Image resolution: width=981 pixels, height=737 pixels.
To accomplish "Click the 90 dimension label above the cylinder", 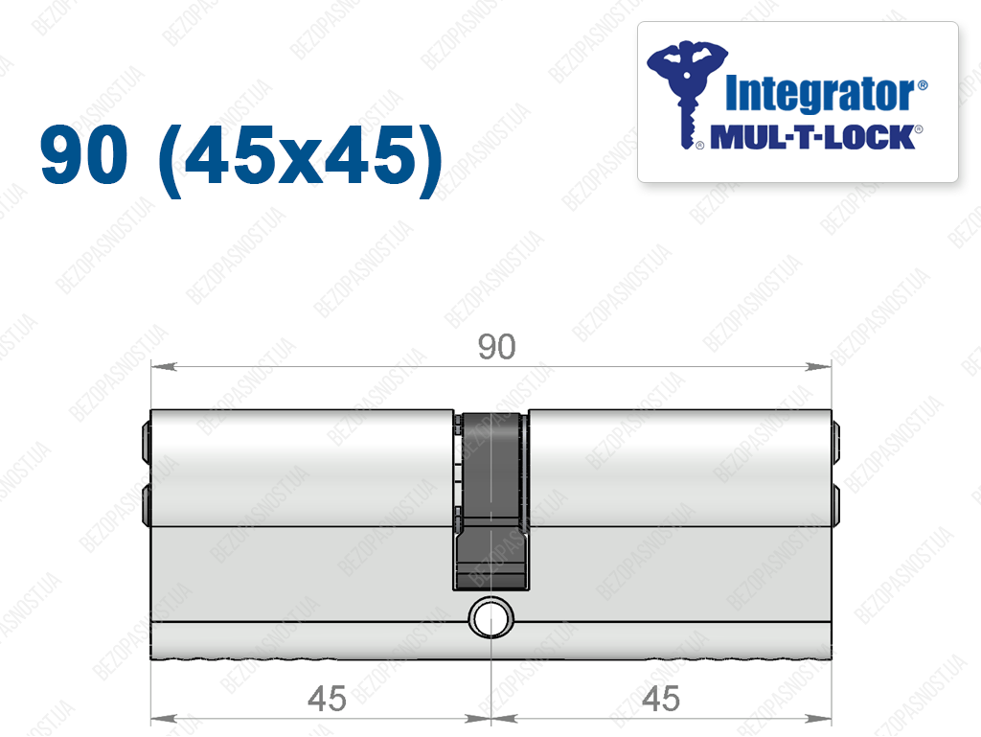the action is [497, 347].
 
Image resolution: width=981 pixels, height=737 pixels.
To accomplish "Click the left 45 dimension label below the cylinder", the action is [327, 699].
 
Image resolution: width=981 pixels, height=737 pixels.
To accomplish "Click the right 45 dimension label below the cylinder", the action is [661, 699].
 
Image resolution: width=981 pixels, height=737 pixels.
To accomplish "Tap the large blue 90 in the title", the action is [84, 154].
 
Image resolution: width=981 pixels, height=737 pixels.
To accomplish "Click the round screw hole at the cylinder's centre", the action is [491, 617].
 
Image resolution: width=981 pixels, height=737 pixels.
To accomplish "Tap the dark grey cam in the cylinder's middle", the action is [491, 500].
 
